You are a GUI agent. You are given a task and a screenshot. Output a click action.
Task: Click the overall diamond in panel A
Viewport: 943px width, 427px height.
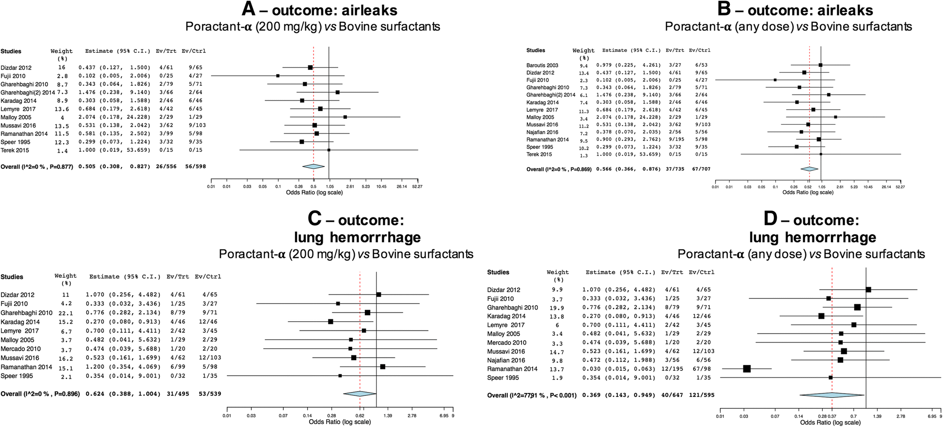313,166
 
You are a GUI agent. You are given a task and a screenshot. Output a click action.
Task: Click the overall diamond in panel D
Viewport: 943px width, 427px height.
832,395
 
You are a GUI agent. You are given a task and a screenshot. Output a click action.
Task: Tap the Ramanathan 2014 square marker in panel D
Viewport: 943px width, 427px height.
747,369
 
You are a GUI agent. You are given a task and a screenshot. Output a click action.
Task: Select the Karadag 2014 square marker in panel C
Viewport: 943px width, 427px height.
330,322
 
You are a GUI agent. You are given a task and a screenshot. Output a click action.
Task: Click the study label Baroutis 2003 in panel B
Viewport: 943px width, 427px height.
542,65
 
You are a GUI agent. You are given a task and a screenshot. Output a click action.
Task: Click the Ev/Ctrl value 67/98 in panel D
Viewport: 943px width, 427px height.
698,369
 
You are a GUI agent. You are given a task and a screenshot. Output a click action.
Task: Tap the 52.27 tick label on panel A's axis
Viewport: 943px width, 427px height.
417,186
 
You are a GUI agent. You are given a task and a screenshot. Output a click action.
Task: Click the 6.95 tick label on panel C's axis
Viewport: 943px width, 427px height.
444,416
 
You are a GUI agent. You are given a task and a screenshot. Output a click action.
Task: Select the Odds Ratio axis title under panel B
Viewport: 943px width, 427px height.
808,192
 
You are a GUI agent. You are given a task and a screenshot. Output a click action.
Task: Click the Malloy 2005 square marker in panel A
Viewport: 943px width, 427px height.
345,117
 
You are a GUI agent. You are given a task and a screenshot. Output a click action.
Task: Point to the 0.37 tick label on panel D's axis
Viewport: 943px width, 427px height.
833,416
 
